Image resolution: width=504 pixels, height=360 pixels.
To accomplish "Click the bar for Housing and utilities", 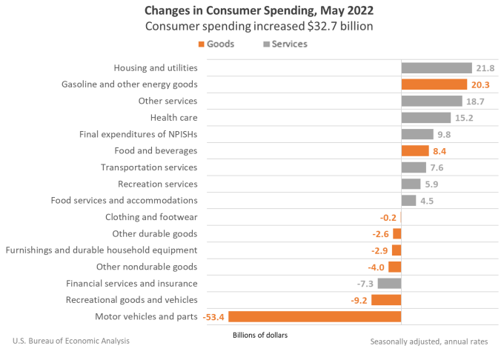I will (x=437, y=68).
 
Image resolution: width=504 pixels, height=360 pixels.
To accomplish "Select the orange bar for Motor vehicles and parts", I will (x=315, y=316).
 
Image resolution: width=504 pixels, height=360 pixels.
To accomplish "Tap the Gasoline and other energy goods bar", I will (x=434, y=84).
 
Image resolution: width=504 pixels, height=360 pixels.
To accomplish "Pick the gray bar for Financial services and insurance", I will (x=389, y=283).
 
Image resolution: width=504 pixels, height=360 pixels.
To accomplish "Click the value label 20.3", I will (x=483, y=84).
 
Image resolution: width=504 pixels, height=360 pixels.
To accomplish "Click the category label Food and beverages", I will (x=159, y=150).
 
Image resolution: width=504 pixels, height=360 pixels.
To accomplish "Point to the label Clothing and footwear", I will (x=151, y=217).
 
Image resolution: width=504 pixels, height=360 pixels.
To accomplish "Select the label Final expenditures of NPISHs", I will (x=138, y=134).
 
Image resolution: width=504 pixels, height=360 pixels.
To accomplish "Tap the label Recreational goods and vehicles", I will (x=131, y=299).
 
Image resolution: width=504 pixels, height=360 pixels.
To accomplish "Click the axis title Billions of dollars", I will (x=259, y=335).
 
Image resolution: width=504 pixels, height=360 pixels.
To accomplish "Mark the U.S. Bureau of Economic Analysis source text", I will (x=71, y=341).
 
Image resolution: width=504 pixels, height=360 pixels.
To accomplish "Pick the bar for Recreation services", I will (x=411, y=184).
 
